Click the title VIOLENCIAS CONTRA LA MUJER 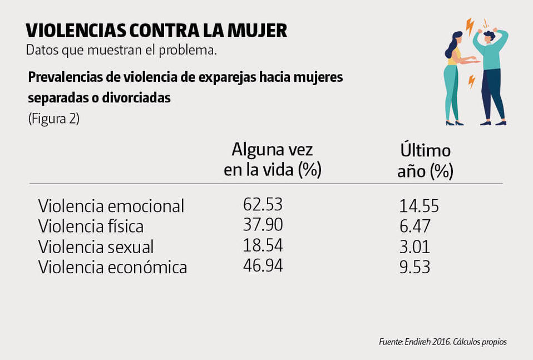pyautogui.click(x=156, y=30)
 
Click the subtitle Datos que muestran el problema pyautogui.click(x=121, y=50)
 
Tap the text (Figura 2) pyautogui.click(x=54, y=119)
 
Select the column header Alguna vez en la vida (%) pyautogui.click(x=273, y=160)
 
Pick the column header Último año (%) pyautogui.click(x=425, y=161)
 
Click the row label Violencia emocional pyautogui.click(x=111, y=206)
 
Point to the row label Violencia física pyautogui.click(x=91, y=227)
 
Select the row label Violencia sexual pyautogui.click(x=96, y=247)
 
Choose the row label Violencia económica pyautogui.click(x=112, y=268)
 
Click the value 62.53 pyautogui.click(x=263, y=205)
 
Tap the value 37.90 pyautogui.click(x=263, y=225)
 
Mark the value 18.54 pyautogui.click(x=263, y=245)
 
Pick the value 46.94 pyautogui.click(x=263, y=265)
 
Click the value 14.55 pyautogui.click(x=419, y=206)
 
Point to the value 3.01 pyautogui.click(x=414, y=247)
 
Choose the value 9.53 pyautogui.click(x=414, y=268)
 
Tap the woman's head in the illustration pyautogui.click(x=456, y=39)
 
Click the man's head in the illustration pyautogui.click(x=488, y=38)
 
